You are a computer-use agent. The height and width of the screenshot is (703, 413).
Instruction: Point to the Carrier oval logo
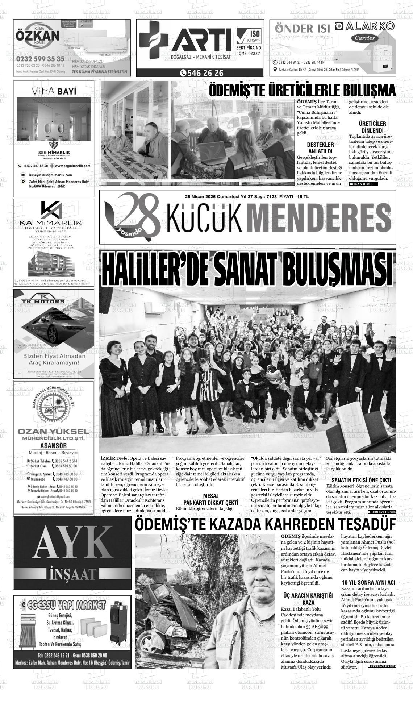364,38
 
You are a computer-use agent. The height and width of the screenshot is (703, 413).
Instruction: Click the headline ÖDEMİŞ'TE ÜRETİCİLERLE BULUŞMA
302,90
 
